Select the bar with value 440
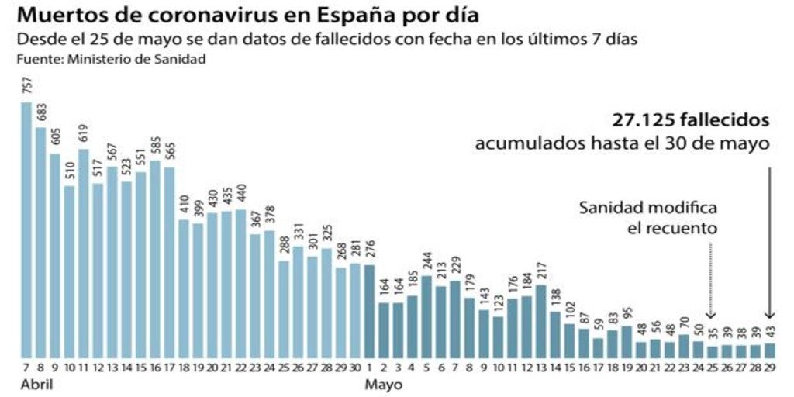click(x=240, y=283)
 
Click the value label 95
click(x=627, y=312)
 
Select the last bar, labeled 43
click(x=769, y=350)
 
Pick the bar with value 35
click(x=712, y=350)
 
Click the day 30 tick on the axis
click(x=355, y=366)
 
